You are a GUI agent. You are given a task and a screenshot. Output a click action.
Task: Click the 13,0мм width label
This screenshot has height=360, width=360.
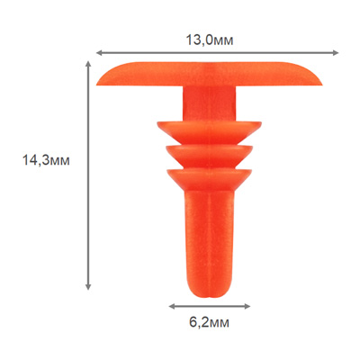pos(210,40)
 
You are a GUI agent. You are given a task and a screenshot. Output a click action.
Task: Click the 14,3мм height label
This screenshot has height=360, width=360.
pos(46,160)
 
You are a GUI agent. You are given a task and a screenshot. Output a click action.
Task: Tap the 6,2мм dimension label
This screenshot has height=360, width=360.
pos(210,323)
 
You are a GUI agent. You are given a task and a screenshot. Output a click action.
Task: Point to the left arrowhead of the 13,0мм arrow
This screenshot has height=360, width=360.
pos(99,53)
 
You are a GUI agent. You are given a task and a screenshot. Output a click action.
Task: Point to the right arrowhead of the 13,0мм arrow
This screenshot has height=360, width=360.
pos(336,53)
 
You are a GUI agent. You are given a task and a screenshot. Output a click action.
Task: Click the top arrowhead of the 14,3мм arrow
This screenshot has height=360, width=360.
pos(88,65)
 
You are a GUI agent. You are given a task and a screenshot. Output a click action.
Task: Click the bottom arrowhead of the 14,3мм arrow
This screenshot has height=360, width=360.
pos(88,286)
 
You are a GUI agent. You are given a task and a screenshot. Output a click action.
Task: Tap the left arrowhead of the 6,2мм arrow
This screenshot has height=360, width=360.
pos(172,306)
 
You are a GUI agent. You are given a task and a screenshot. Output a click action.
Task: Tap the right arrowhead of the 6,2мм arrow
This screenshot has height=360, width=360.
pos(247,306)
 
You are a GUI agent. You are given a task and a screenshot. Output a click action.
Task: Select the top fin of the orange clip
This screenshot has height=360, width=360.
pos(209,131)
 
